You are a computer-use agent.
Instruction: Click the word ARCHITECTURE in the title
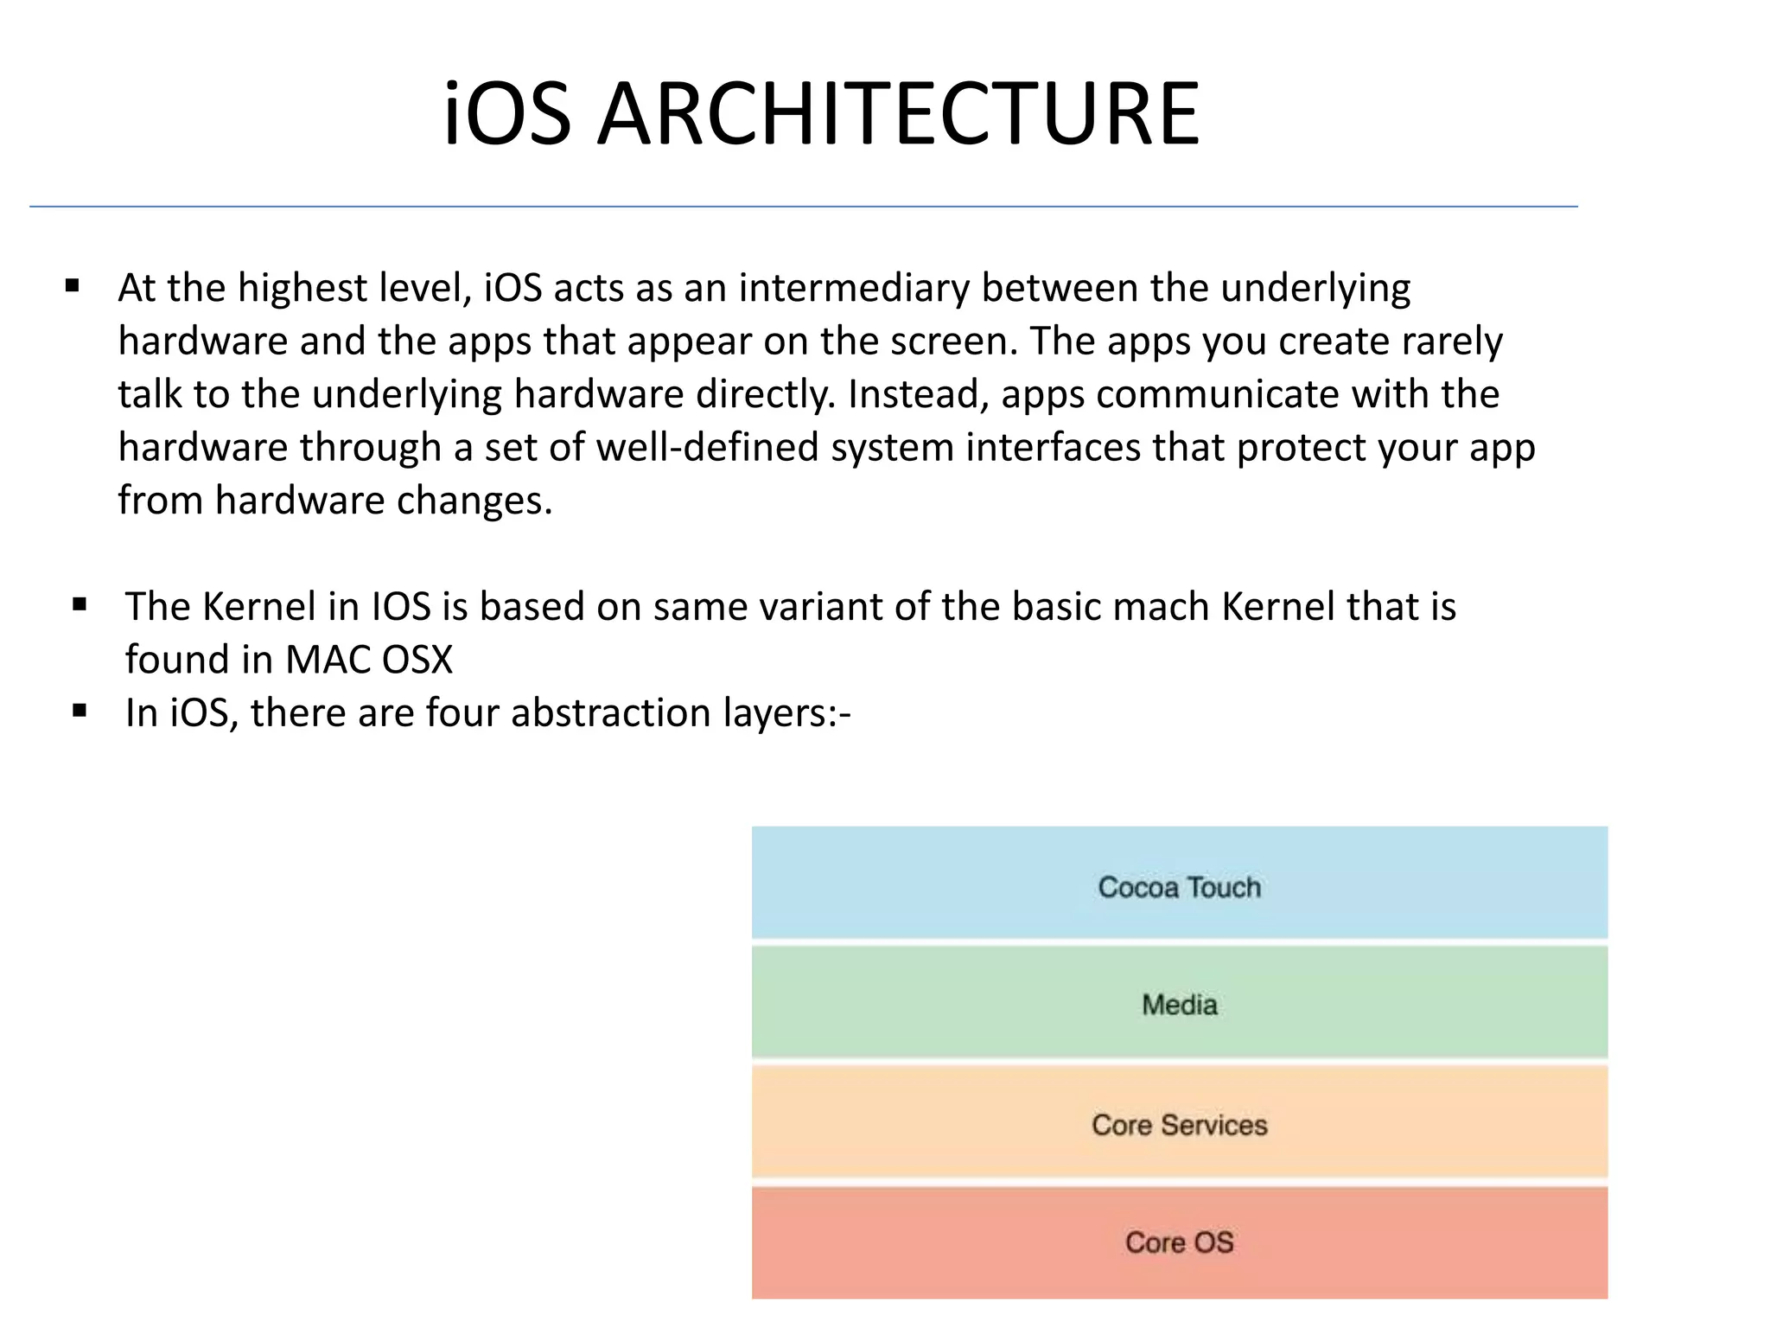coord(899,114)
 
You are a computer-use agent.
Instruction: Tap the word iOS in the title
coord(507,114)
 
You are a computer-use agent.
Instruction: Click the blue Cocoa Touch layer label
coord(1179,887)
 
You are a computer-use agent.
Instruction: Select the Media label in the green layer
coord(1179,1005)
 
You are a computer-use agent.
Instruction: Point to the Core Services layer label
coord(1179,1125)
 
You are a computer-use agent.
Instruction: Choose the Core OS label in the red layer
coord(1179,1242)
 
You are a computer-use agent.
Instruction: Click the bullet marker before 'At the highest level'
coord(73,286)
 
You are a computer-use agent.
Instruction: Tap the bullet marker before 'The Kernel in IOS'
coord(80,605)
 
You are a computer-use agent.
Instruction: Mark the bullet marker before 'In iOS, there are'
coord(80,712)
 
